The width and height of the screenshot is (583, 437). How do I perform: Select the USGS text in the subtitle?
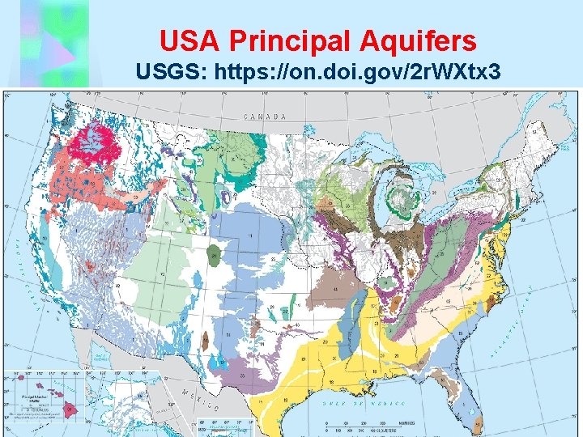[x=169, y=72]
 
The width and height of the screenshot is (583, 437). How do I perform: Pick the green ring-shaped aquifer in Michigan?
[x=400, y=197]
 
